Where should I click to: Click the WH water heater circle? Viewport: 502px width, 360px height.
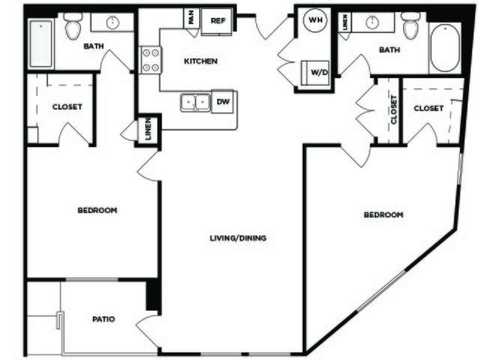tap(315, 20)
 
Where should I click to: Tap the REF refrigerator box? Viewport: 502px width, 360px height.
tap(217, 21)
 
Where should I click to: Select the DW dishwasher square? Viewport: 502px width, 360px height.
tap(223, 101)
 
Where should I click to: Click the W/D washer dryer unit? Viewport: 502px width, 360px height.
tap(315, 73)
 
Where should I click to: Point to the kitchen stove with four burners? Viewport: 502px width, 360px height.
tap(151, 60)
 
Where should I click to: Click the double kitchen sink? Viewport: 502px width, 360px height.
tap(196, 103)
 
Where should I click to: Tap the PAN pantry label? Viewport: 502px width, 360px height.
tap(191, 18)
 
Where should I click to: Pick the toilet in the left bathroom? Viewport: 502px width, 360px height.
tap(73, 26)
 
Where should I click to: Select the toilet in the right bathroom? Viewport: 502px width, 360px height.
tap(411, 25)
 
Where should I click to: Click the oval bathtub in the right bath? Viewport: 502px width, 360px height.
tap(444, 49)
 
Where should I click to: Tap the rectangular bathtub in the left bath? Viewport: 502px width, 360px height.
tap(41, 44)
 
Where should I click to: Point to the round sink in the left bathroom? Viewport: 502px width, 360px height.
tap(112, 22)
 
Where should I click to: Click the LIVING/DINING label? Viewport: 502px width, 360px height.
tap(238, 238)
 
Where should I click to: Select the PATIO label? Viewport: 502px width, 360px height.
tap(103, 319)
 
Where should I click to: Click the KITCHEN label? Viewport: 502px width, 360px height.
tap(201, 61)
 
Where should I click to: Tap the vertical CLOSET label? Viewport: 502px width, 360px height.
tap(393, 109)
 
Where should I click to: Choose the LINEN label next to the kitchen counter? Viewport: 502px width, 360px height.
tap(148, 129)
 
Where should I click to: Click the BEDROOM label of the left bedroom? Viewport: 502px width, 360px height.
tap(97, 210)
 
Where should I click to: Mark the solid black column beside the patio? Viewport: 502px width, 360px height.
tap(153, 295)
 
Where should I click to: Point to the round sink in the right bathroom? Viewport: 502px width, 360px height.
tap(372, 22)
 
